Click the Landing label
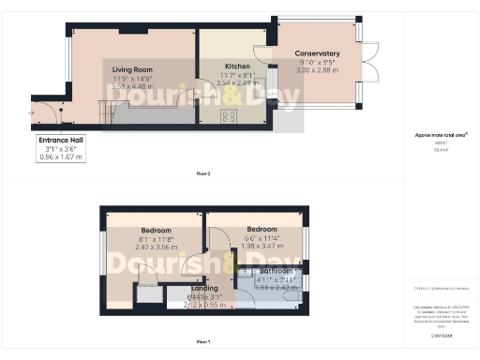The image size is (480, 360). tap(204, 288)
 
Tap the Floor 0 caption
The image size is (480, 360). tap(202, 174)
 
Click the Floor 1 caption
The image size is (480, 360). tap(202, 342)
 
